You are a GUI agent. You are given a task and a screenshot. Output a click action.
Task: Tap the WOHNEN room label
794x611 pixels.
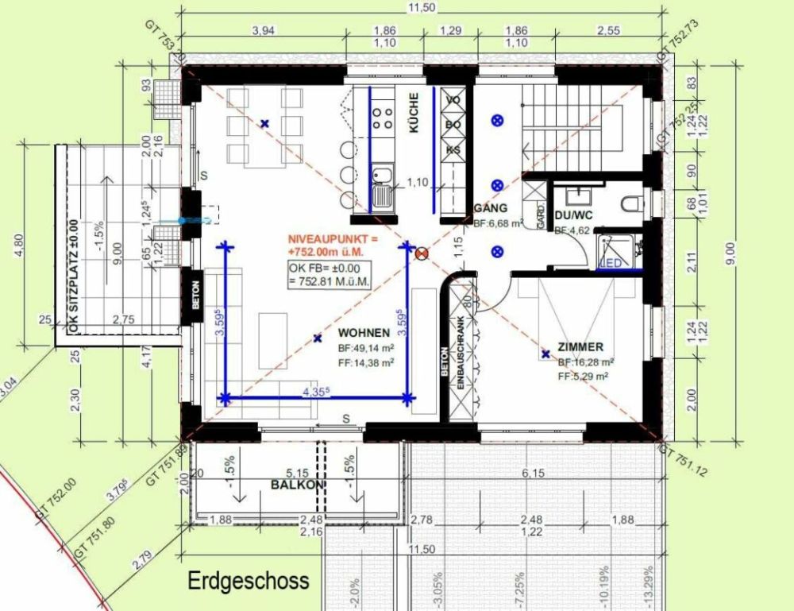[363, 333]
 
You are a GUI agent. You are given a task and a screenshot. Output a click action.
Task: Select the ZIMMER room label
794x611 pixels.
[580, 347]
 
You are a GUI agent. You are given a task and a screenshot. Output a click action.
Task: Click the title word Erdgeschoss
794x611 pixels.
[248, 581]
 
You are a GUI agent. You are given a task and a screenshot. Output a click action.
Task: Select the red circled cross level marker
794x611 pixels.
[422, 253]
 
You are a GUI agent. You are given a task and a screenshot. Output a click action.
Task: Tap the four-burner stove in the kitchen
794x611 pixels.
[383, 117]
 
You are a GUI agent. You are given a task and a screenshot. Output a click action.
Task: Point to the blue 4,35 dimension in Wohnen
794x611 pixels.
[317, 391]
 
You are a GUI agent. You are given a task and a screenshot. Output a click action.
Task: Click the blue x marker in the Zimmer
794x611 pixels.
[545, 354]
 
